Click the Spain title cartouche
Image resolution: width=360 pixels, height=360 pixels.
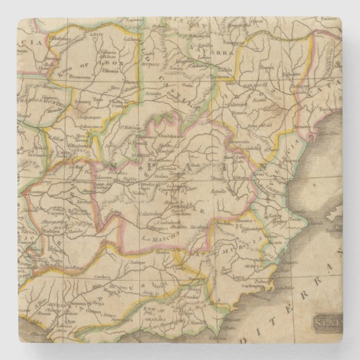[x=326, y=323]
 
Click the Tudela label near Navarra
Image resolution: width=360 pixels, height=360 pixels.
[x=225, y=70]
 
